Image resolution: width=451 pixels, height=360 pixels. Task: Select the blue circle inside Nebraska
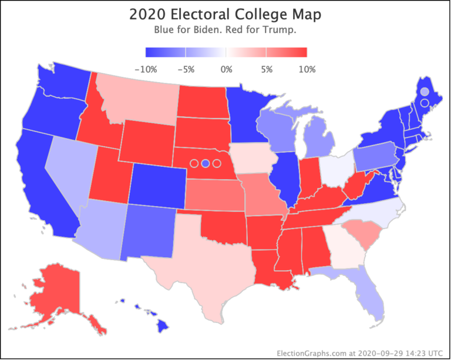pyautogui.click(x=205, y=163)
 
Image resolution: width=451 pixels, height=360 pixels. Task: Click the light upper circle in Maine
pyautogui.click(x=425, y=92)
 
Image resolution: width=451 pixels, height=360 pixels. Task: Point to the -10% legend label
pyautogui.click(x=146, y=69)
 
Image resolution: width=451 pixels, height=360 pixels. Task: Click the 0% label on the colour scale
pyautogui.click(x=226, y=69)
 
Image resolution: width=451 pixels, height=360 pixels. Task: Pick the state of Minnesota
pyautogui.click(x=250, y=115)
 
